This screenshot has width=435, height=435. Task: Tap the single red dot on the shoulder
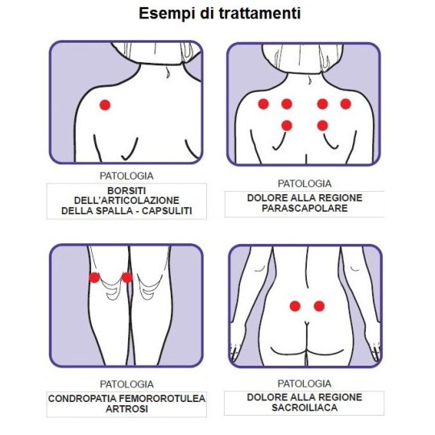[x=106, y=106]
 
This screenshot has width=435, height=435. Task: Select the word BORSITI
[x=126, y=191]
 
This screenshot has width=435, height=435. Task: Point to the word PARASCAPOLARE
[x=304, y=208]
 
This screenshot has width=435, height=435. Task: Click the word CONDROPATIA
[x=82, y=399]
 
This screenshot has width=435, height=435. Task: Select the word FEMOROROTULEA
[x=162, y=399]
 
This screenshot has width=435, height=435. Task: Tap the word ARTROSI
[x=126, y=409]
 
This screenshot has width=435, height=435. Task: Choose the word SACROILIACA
[x=304, y=408]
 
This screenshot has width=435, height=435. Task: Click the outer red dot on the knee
[x=94, y=277]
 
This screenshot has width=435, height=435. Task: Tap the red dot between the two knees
[x=127, y=277]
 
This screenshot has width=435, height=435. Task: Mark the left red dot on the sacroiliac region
[x=295, y=306]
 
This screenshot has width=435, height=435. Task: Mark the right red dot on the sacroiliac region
[x=319, y=306]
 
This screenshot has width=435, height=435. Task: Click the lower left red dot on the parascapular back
[x=287, y=126]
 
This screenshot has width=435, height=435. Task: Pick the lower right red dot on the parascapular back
[x=322, y=126]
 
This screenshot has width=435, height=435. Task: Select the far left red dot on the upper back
[x=263, y=104]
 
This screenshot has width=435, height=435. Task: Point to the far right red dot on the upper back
[x=346, y=104]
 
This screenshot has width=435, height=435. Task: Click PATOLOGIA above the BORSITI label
[x=126, y=176]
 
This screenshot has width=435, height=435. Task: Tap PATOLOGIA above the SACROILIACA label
[x=304, y=383]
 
